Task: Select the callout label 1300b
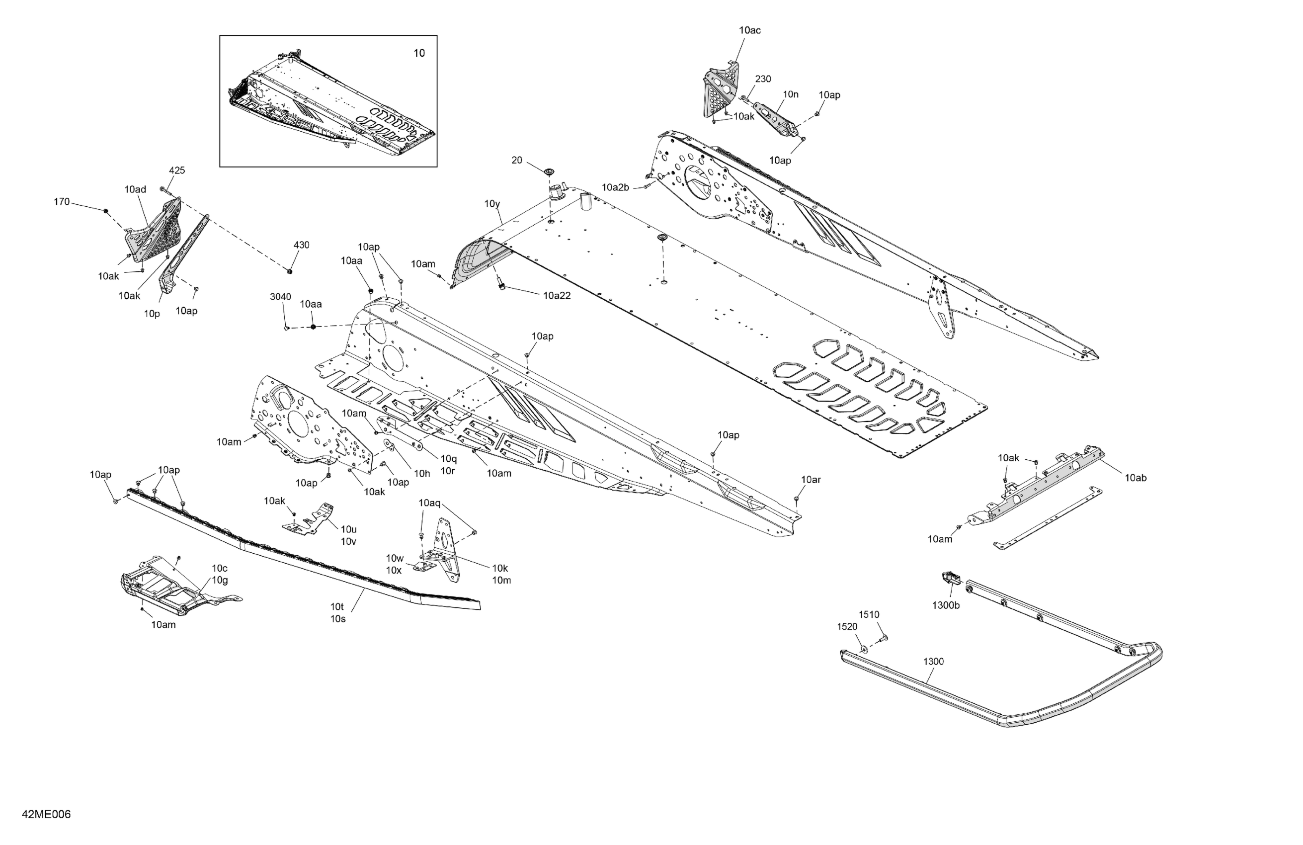tap(946, 605)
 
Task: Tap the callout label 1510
tap(869, 614)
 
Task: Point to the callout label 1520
tap(847, 626)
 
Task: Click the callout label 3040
tap(280, 297)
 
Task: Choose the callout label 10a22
tap(557, 296)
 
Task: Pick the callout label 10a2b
tap(615, 187)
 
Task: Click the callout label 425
tap(177, 170)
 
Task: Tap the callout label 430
tap(301, 245)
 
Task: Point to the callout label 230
tap(763, 79)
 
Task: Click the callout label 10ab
tap(1136, 478)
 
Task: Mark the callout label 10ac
tap(749, 30)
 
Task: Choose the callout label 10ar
tap(811, 480)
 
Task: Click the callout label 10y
tap(492, 204)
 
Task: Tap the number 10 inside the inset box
tap(419, 53)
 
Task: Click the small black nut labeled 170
tap(106, 211)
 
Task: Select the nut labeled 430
tap(290, 270)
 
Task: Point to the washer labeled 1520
tap(863, 649)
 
